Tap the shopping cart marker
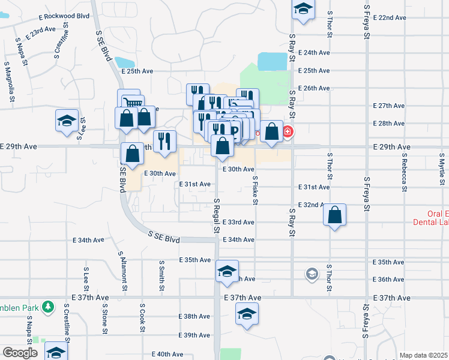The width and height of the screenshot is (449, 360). coord(132,103)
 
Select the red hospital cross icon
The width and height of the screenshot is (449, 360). coord(288,132)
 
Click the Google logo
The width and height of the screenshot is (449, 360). coord(20,353)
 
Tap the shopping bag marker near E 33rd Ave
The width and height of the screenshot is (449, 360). coord(335,215)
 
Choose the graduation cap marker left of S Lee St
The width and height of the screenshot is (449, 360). coord(67,121)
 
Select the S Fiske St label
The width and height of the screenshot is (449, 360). coord(255,190)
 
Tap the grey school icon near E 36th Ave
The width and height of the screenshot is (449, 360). coord(311,275)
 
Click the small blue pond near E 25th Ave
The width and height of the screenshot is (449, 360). coord(125,62)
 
